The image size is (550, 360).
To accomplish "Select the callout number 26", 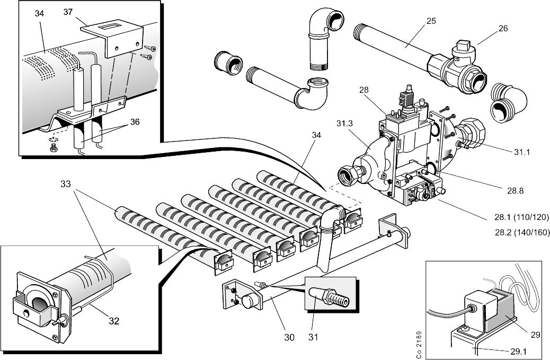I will pyautogui.click(x=503, y=28).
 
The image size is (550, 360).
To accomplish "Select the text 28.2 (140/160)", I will pyautogui.click(x=521, y=232).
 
